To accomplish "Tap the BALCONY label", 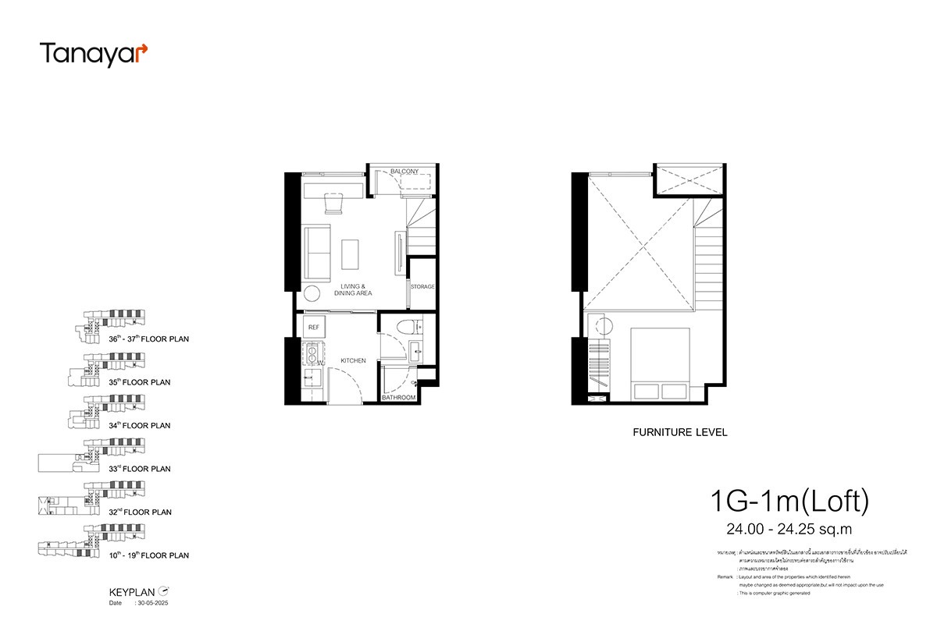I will click(404, 172).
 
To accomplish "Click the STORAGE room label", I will click(422, 287).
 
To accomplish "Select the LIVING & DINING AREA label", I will click(349, 289).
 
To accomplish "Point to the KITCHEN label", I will click(353, 361).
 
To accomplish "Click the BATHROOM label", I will click(398, 398).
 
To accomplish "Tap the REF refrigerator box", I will click(314, 327).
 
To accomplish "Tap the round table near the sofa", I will click(311, 293).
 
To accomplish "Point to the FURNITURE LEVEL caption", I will click(679, 432).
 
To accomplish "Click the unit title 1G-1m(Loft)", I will click(789, 502).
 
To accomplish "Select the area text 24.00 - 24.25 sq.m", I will click(789, 531).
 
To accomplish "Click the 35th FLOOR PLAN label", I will click(140, 383).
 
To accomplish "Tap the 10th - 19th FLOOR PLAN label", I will click(148, 556).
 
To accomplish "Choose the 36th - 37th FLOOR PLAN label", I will click(148, 340).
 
